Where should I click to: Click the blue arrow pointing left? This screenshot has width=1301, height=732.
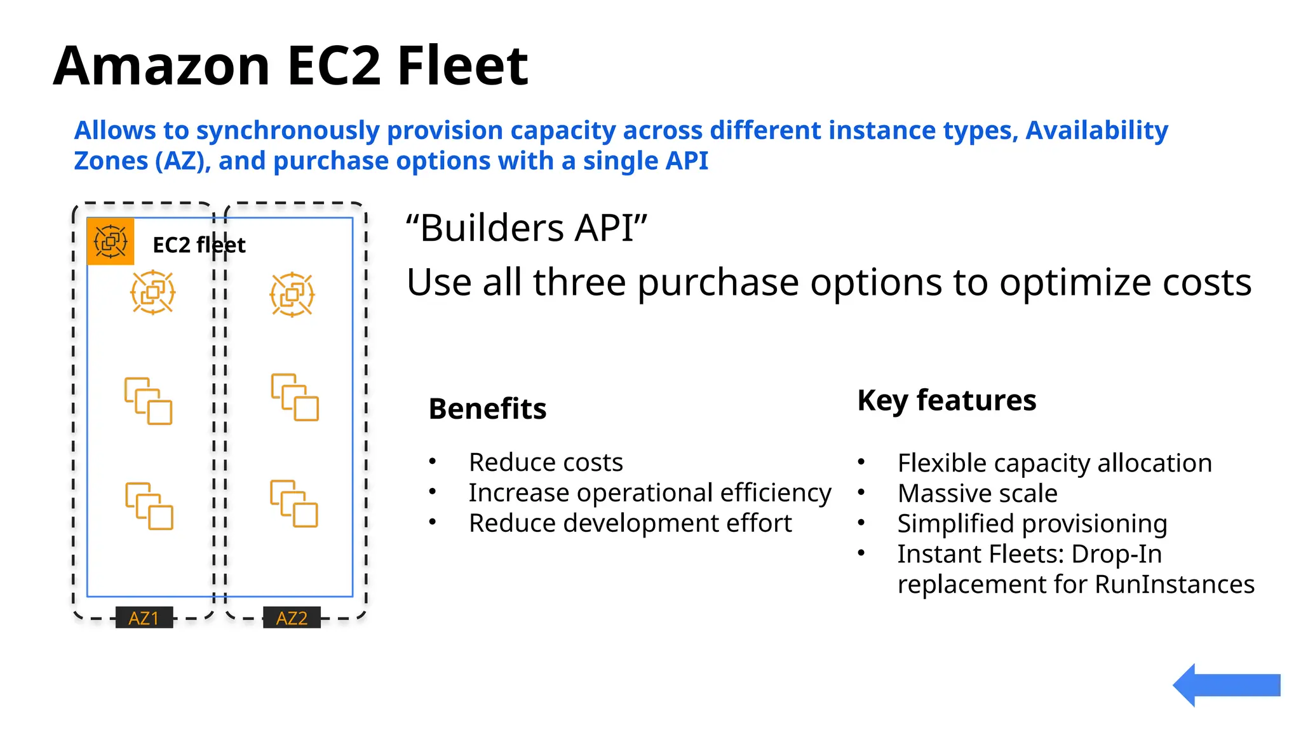tap(1226, 685)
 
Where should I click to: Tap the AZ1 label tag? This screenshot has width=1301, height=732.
tap(144, 618)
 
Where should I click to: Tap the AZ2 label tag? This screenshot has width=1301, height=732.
tap(292, 618)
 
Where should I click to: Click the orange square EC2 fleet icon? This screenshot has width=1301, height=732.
tap(111, 241)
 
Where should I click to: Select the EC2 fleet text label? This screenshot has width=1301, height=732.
tap(199, 245)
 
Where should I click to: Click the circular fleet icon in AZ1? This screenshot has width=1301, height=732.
tap(152, 293)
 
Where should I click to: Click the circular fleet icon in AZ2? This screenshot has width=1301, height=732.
tap(292, 294)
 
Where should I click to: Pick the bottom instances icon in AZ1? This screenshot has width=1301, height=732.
tap(149, 506)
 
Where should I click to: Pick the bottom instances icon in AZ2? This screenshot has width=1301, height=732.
tap(294, 503)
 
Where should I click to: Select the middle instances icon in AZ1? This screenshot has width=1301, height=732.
tap(149, 401)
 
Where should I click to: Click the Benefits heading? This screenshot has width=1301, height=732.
tap(487, 409)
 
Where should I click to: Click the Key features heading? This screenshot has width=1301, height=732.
tap(947, 400)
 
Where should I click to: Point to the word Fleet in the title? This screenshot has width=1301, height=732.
tap(462, 65)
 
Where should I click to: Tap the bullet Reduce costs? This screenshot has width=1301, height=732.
tap(546, 462)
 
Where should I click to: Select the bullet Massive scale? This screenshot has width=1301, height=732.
tap(977, 493)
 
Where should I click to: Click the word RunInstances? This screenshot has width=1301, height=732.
tap(1175, 584)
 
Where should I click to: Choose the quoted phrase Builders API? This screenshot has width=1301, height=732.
tap(527, 227)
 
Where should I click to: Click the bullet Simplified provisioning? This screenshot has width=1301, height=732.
tap(1032, 524)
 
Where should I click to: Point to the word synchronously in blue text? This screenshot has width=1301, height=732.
tap(288, 130)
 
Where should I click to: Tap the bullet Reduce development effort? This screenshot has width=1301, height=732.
tap(630, 523)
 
